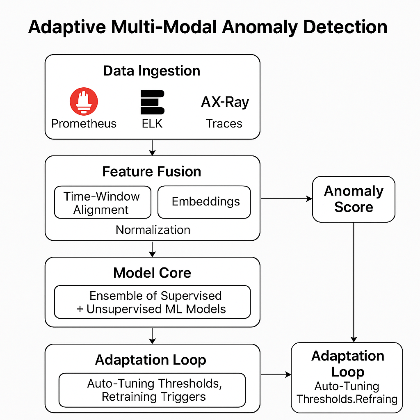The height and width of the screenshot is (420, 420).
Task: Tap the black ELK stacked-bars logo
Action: (x=152, y=102)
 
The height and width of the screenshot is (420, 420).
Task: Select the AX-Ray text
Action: (x=225, y=102)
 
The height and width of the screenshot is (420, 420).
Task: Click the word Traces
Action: (x=224, y=123)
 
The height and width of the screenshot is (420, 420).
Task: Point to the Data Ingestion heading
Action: (x=152, y=71)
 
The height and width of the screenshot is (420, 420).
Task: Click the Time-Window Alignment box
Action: (x=103, y=203)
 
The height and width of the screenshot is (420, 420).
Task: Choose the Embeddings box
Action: (x=204, y=202)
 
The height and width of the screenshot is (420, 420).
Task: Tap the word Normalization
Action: (x=153, y=230)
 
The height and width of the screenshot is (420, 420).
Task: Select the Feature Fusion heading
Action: (x=152, y=171)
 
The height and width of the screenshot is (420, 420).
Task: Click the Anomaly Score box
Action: (x=354, y=199)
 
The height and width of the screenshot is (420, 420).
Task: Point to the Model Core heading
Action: (x=152, y=272)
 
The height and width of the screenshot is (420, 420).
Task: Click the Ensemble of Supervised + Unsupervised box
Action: (x=152, y=302)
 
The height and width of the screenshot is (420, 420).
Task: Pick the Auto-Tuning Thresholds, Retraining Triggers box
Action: (x=152, y=390)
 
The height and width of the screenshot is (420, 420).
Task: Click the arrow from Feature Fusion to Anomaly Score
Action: (x=286, y=199)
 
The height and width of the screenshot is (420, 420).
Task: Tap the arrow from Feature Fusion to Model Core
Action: (x=152, y=249)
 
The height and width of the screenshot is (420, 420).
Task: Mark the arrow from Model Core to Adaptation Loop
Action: (x=152, y=336)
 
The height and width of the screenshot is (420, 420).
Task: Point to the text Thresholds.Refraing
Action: (x=347, y=399)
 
